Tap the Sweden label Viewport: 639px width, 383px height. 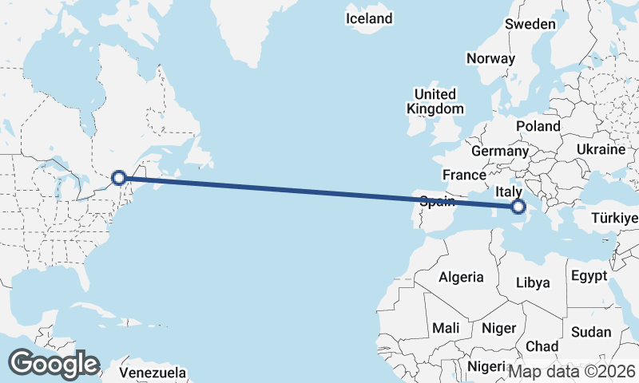pos(530,24)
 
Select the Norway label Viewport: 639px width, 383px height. pos(490,58)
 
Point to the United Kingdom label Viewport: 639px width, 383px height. pos(435,101)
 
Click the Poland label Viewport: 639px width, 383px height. pos(538,126)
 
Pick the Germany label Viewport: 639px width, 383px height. pos(500,151)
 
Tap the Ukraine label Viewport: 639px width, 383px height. pos(599,149)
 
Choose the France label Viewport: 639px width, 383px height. pos(465,175)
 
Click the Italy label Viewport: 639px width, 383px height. pos(509,192)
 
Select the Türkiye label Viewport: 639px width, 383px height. pos(615,218)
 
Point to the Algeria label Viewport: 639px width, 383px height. pos(461,277)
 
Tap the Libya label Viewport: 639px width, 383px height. pos(533,282)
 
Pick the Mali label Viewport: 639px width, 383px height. pos(446,328)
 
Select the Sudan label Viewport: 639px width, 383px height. pos(591,332)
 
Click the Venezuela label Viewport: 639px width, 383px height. pos(153,373)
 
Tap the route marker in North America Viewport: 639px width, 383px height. pos(118,178)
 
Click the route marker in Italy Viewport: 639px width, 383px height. pos(518,207)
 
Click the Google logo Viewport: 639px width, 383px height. pos(54,364)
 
